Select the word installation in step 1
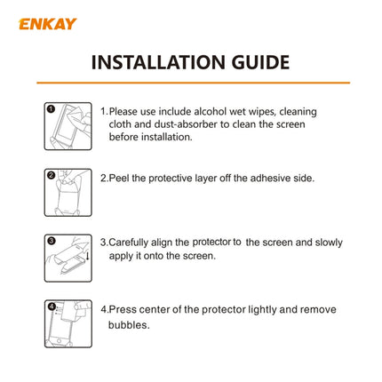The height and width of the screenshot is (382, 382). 164,137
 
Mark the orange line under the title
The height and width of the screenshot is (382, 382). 190,83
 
